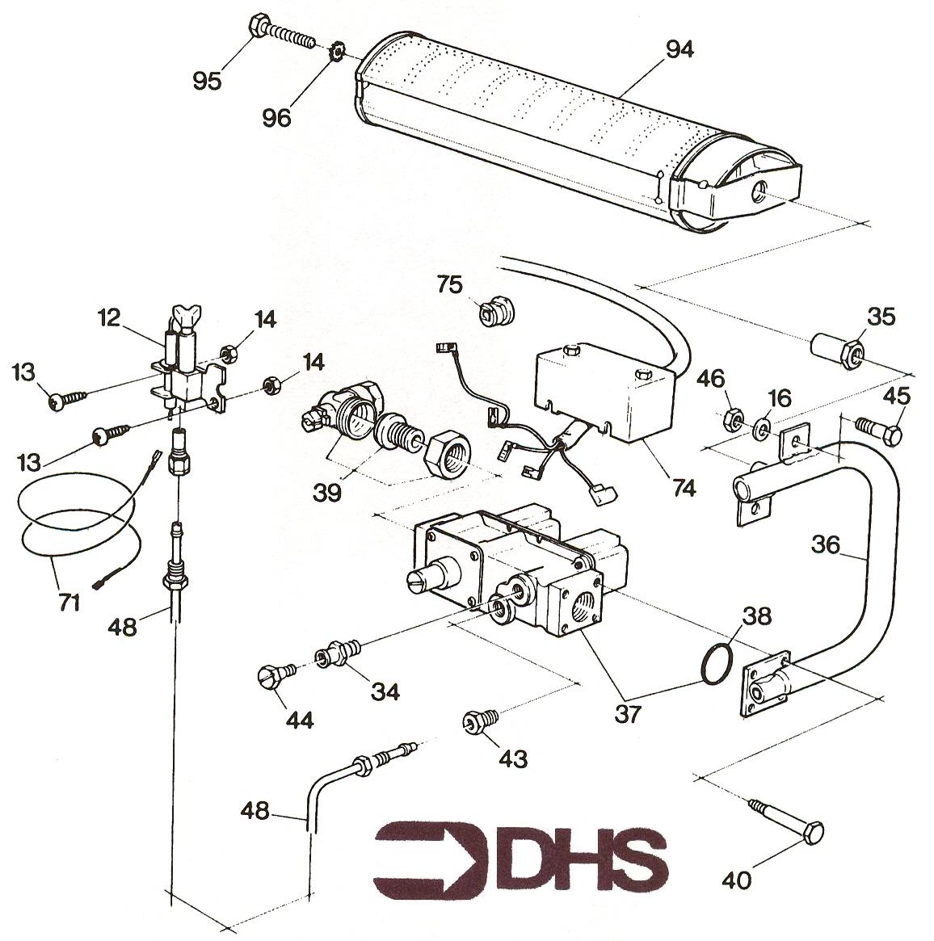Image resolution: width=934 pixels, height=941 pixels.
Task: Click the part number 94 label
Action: click(679, 50)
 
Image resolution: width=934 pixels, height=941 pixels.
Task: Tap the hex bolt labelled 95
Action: click(281, 34)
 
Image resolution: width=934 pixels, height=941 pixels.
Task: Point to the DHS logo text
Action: click(520, 857)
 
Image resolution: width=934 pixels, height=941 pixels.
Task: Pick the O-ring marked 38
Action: click(716, 664)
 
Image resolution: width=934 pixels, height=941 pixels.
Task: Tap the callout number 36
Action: click(826, 545)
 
